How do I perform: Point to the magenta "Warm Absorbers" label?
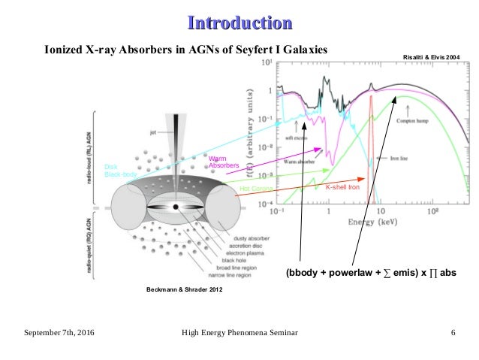click(x=223, y=162)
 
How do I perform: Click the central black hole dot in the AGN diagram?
click(x=175, y=207)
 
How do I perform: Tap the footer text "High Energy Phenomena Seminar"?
click(x=239, y=331)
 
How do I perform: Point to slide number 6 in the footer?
click(x=453, y=331)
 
